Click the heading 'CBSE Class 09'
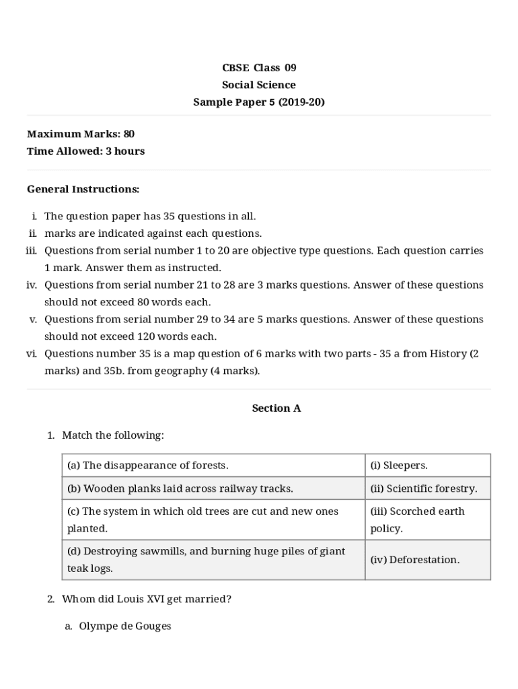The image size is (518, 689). (259, 67)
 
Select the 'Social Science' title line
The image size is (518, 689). (259, 85)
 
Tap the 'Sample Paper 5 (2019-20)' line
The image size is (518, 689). (259, 102)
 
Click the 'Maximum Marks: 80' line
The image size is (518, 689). (81, 134)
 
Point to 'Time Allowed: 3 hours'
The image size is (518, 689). (85, 151)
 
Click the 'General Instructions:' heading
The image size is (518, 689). (83, 189)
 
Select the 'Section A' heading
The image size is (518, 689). (276, 408)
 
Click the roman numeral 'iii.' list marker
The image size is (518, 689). (31, 251)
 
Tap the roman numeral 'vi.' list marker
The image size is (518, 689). (32, 354)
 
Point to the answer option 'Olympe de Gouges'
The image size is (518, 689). (125, 626)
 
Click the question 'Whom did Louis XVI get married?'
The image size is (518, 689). (147, 599)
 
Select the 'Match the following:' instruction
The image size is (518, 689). (113, 435)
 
